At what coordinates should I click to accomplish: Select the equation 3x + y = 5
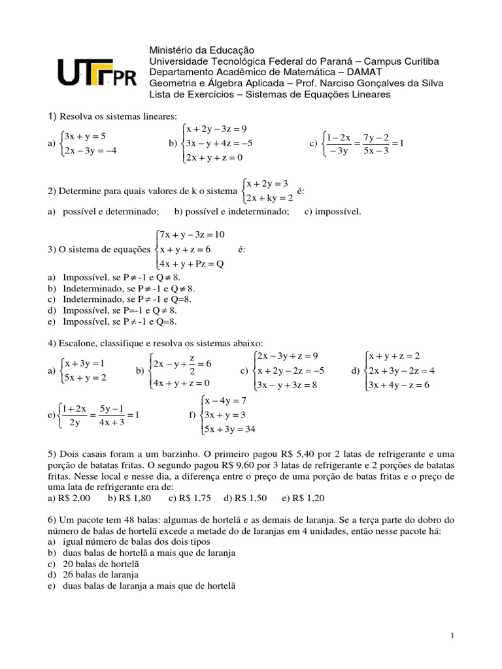[85, 137]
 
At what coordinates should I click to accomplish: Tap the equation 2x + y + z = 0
[214, 157]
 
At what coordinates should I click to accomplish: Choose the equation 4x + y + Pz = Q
[192, 264]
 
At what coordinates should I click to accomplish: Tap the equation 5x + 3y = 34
[231, 429]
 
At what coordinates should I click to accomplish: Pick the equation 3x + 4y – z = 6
[399, 385]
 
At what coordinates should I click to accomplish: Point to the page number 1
[452, 635]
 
